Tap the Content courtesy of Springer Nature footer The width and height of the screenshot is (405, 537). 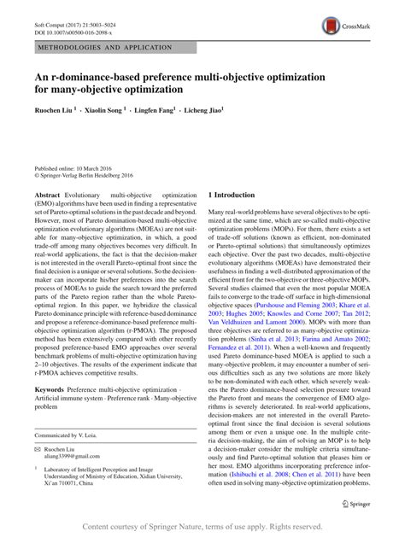[x=202, y=527]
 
